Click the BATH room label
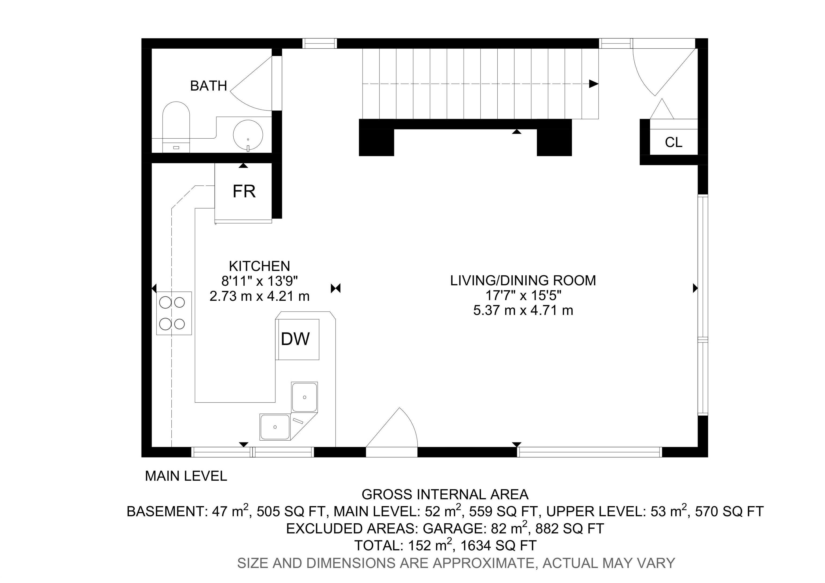point(208,86)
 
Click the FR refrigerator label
point(244,192)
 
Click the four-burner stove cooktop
point(174,313)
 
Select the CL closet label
point(673,142)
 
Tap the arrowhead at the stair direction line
point(594,84)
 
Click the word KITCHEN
point(259,266)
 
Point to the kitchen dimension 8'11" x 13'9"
point(259,281)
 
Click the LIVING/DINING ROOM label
point(523,281)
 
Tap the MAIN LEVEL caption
point(186,476)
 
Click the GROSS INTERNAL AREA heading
point(445,495)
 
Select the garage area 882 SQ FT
point(570,528)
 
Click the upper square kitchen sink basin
point(304,397)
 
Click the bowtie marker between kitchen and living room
point(336,288)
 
